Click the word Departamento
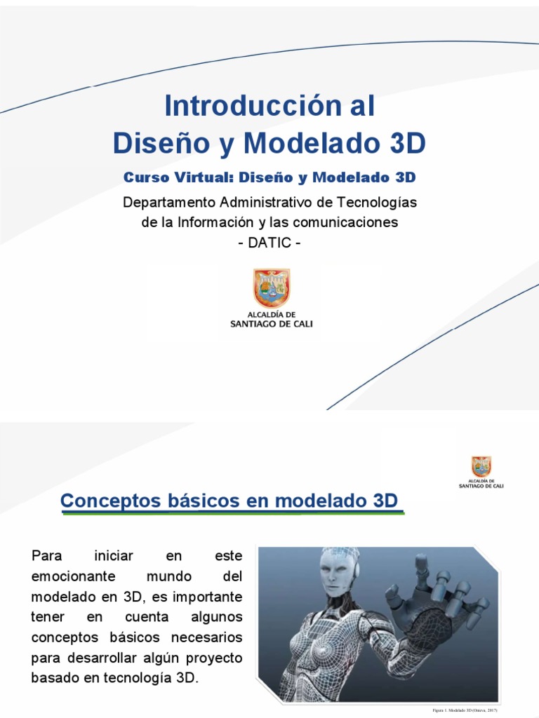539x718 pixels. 169,202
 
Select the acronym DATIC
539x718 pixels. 269,243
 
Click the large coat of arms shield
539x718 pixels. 271,288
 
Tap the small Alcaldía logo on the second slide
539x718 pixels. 481,471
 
